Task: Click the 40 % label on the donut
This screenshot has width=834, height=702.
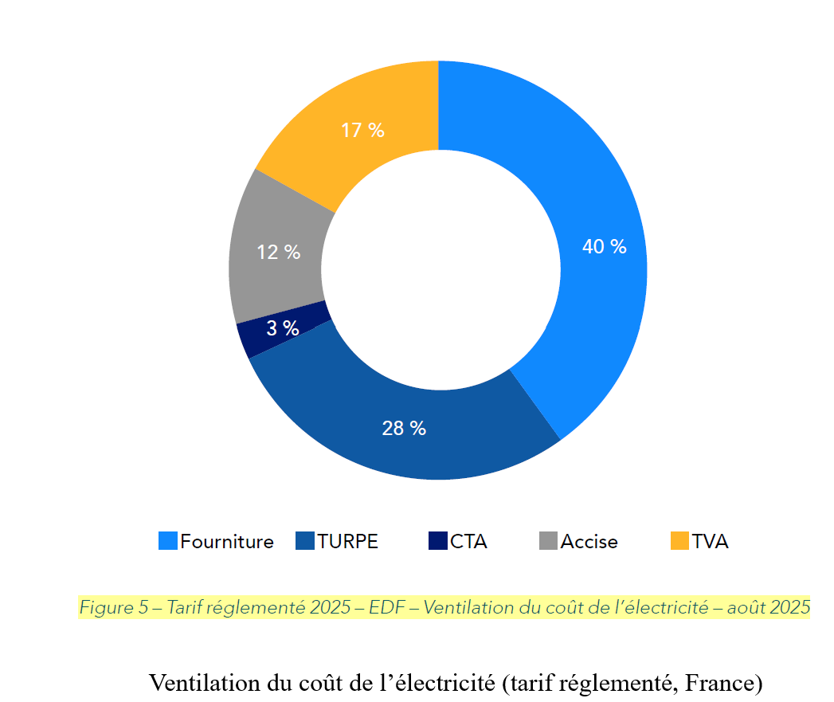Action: [x=604, y=247]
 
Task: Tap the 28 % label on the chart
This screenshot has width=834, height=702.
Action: [x=404, y=429]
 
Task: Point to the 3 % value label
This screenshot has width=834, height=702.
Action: [x=282, y=327]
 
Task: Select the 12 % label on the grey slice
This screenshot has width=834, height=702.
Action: [x=278, y=253]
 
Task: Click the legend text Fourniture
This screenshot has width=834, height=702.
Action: [x=226, y=542]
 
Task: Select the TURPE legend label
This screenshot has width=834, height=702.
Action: [x=347, y=542]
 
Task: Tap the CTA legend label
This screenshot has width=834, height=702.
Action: [x=468, y=542]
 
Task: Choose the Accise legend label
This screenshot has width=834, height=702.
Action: [x=589, y=542]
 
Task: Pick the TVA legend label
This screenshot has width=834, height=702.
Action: [x=710, y=542]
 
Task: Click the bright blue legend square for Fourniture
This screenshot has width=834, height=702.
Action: [x=167, y=541]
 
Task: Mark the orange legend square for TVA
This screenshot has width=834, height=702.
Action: [x=679, y=541]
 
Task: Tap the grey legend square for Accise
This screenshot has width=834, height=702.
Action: [x=548, y=541]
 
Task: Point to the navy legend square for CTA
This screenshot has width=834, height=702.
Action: [x=437, y=541]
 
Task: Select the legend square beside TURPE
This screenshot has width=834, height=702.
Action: [x=305, y=541]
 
